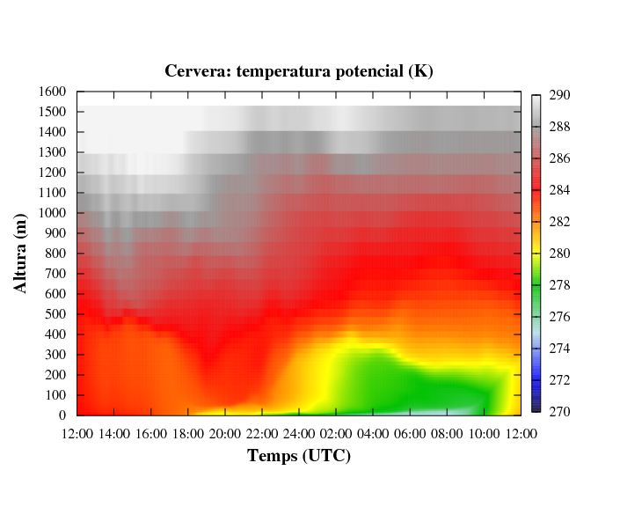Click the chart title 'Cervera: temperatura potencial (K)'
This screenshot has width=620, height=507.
299,70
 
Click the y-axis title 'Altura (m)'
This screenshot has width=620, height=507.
21,253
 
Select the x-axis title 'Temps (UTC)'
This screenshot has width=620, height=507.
299,455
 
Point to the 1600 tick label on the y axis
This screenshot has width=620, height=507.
53,92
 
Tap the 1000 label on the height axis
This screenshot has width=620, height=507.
53,213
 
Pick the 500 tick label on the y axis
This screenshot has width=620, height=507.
56,314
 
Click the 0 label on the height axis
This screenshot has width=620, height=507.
64,415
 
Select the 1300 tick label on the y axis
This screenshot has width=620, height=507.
53,152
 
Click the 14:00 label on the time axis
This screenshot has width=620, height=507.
114,433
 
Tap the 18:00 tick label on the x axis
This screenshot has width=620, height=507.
188,433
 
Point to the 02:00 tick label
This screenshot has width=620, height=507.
336,433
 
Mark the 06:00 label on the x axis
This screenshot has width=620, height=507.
410,433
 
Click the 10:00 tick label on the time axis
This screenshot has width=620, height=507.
484,433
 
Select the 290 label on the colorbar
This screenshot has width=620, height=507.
560,95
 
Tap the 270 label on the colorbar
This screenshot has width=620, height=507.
560,412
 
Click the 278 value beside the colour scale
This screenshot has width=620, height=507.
560,285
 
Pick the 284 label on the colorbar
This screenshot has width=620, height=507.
560,190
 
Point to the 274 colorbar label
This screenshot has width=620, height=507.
560,349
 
